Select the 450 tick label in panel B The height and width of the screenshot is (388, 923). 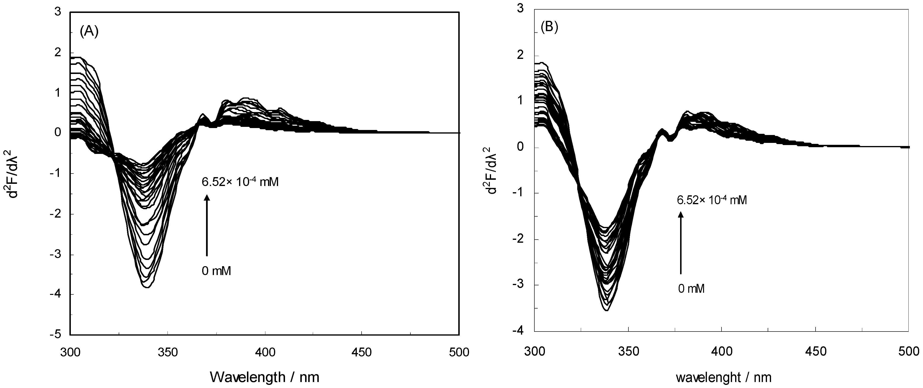coord(816,351)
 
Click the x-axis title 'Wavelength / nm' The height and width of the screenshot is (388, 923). coord(264,377)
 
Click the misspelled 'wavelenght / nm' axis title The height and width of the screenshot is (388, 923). coord(723,377)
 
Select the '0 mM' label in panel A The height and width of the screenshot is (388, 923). coord(216,271)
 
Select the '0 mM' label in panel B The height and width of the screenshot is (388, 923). coord(691,288)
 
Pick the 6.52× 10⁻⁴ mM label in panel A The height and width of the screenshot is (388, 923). coord(240,182)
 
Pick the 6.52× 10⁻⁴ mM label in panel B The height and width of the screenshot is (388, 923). coord(712,200)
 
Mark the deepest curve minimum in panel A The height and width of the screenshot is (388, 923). coord(147,287)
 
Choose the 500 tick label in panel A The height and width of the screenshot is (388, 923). coord(459,353)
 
